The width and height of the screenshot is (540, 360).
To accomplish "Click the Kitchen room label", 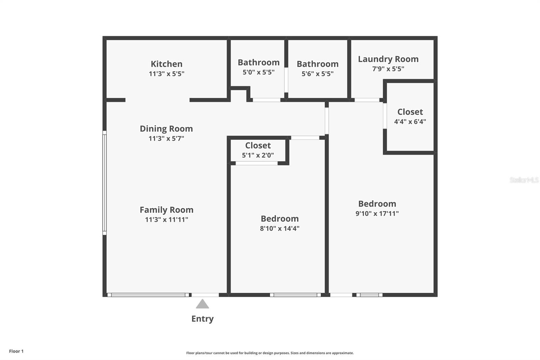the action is (167, 64).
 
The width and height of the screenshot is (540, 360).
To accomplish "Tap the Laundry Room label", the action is (388, 59).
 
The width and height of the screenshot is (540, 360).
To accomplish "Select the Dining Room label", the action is (166, 129).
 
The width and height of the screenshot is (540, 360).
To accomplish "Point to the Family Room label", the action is (167, 210).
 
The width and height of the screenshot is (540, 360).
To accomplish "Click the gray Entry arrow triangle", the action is (202, 304).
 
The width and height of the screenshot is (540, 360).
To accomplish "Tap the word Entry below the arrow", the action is (202, 319).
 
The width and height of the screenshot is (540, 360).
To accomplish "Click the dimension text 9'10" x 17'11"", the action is (377, 213).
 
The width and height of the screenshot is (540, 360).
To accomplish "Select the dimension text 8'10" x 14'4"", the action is (280, 228).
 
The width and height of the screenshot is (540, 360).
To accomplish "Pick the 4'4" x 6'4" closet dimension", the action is (410, 121).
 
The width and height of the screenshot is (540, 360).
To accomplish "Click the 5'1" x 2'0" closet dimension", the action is (258, 155).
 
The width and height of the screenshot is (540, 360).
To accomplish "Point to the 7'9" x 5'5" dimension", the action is (388, 69).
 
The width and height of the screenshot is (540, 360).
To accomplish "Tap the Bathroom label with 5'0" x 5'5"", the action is (259, 62).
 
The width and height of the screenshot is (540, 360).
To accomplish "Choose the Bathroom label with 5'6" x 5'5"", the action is (318, 64).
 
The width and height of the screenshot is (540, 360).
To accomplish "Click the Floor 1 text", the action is (17, 351).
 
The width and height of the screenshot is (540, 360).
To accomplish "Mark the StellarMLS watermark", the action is (524, 180).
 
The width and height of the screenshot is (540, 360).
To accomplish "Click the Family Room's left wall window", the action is (105, 183).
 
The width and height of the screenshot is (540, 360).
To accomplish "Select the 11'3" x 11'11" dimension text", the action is (167, 220).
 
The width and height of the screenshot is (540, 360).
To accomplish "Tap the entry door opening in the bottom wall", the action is (205, 295).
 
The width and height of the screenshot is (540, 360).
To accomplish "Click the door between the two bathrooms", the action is (286, 80).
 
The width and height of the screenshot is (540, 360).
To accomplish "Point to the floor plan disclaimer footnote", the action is (270, 353).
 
